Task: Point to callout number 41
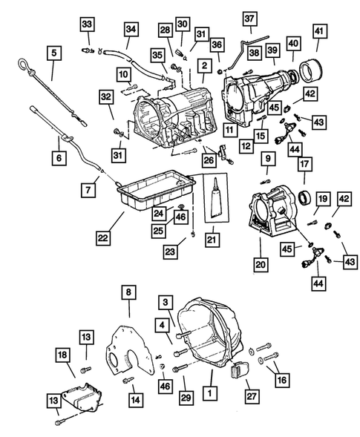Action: tap(318, 31)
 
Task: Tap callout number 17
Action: tap(305, 162)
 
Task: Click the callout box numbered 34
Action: tap(131, 30)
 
